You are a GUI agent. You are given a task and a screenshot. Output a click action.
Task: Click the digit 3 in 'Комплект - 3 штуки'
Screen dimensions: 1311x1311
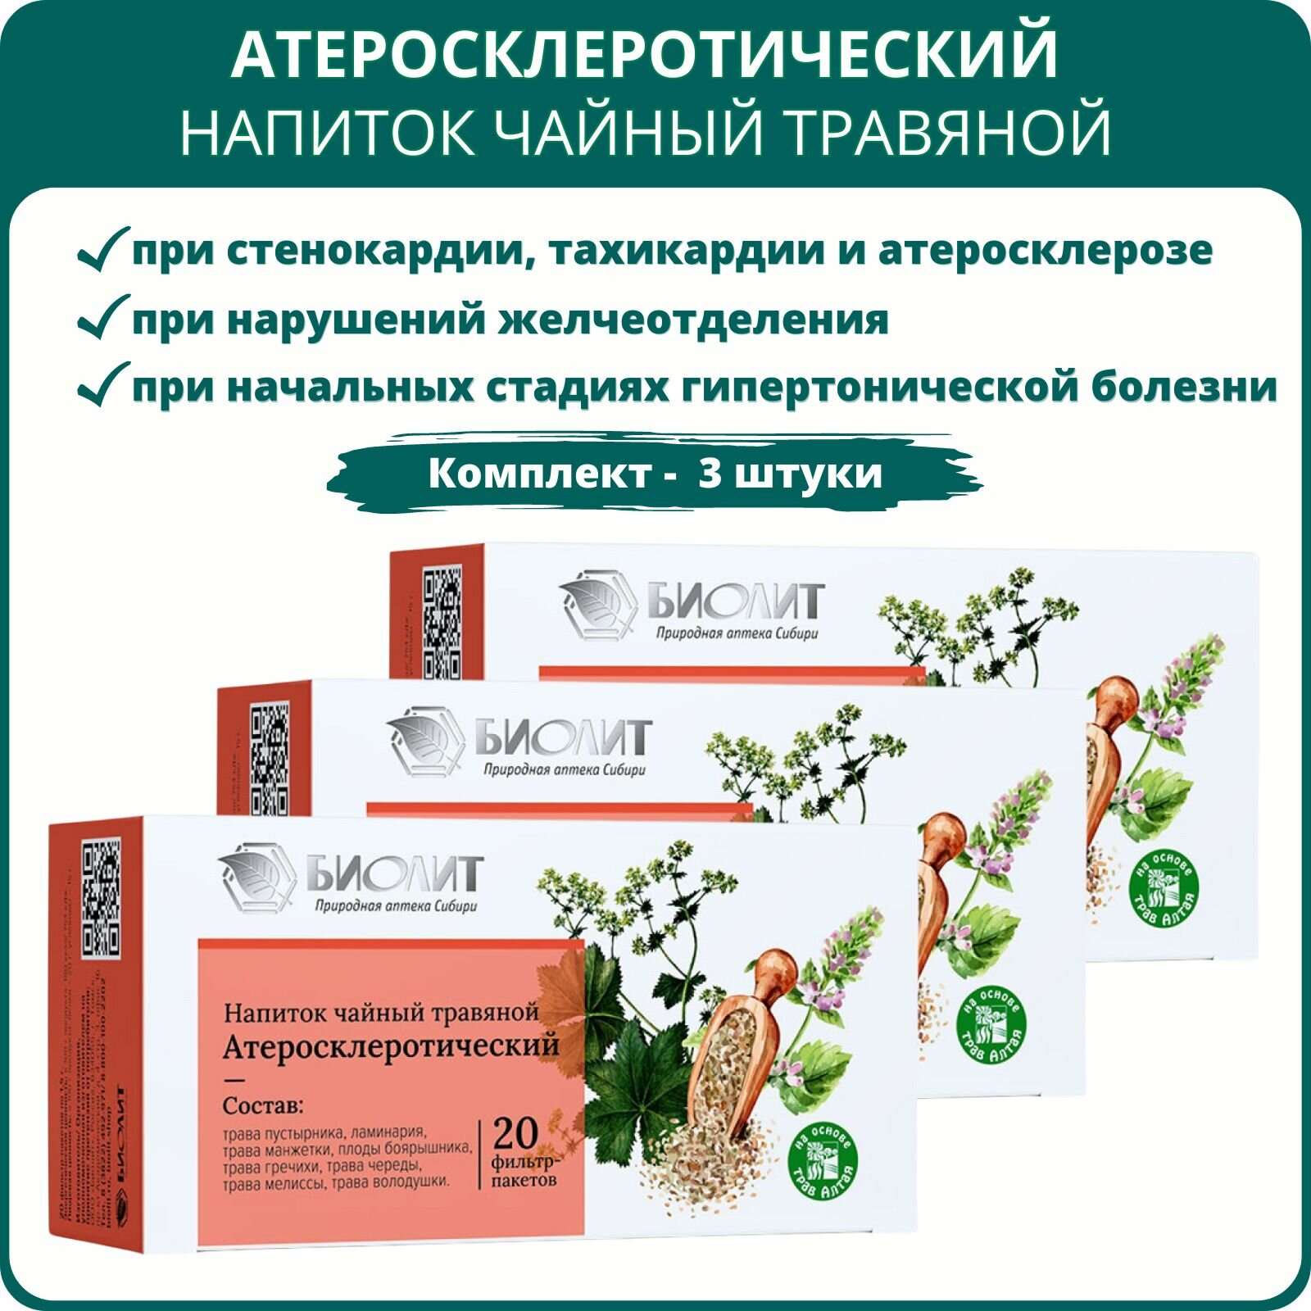coord(710,473)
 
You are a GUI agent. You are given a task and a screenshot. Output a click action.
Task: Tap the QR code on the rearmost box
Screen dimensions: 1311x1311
coord(442,622)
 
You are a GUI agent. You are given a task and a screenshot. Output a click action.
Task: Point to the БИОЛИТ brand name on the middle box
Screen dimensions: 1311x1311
coord(564,738)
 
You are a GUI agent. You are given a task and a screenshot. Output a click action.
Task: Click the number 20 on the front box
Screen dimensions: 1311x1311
coord(515,1133)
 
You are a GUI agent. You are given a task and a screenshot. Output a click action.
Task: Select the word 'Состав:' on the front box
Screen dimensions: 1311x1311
coord(263,1106)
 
